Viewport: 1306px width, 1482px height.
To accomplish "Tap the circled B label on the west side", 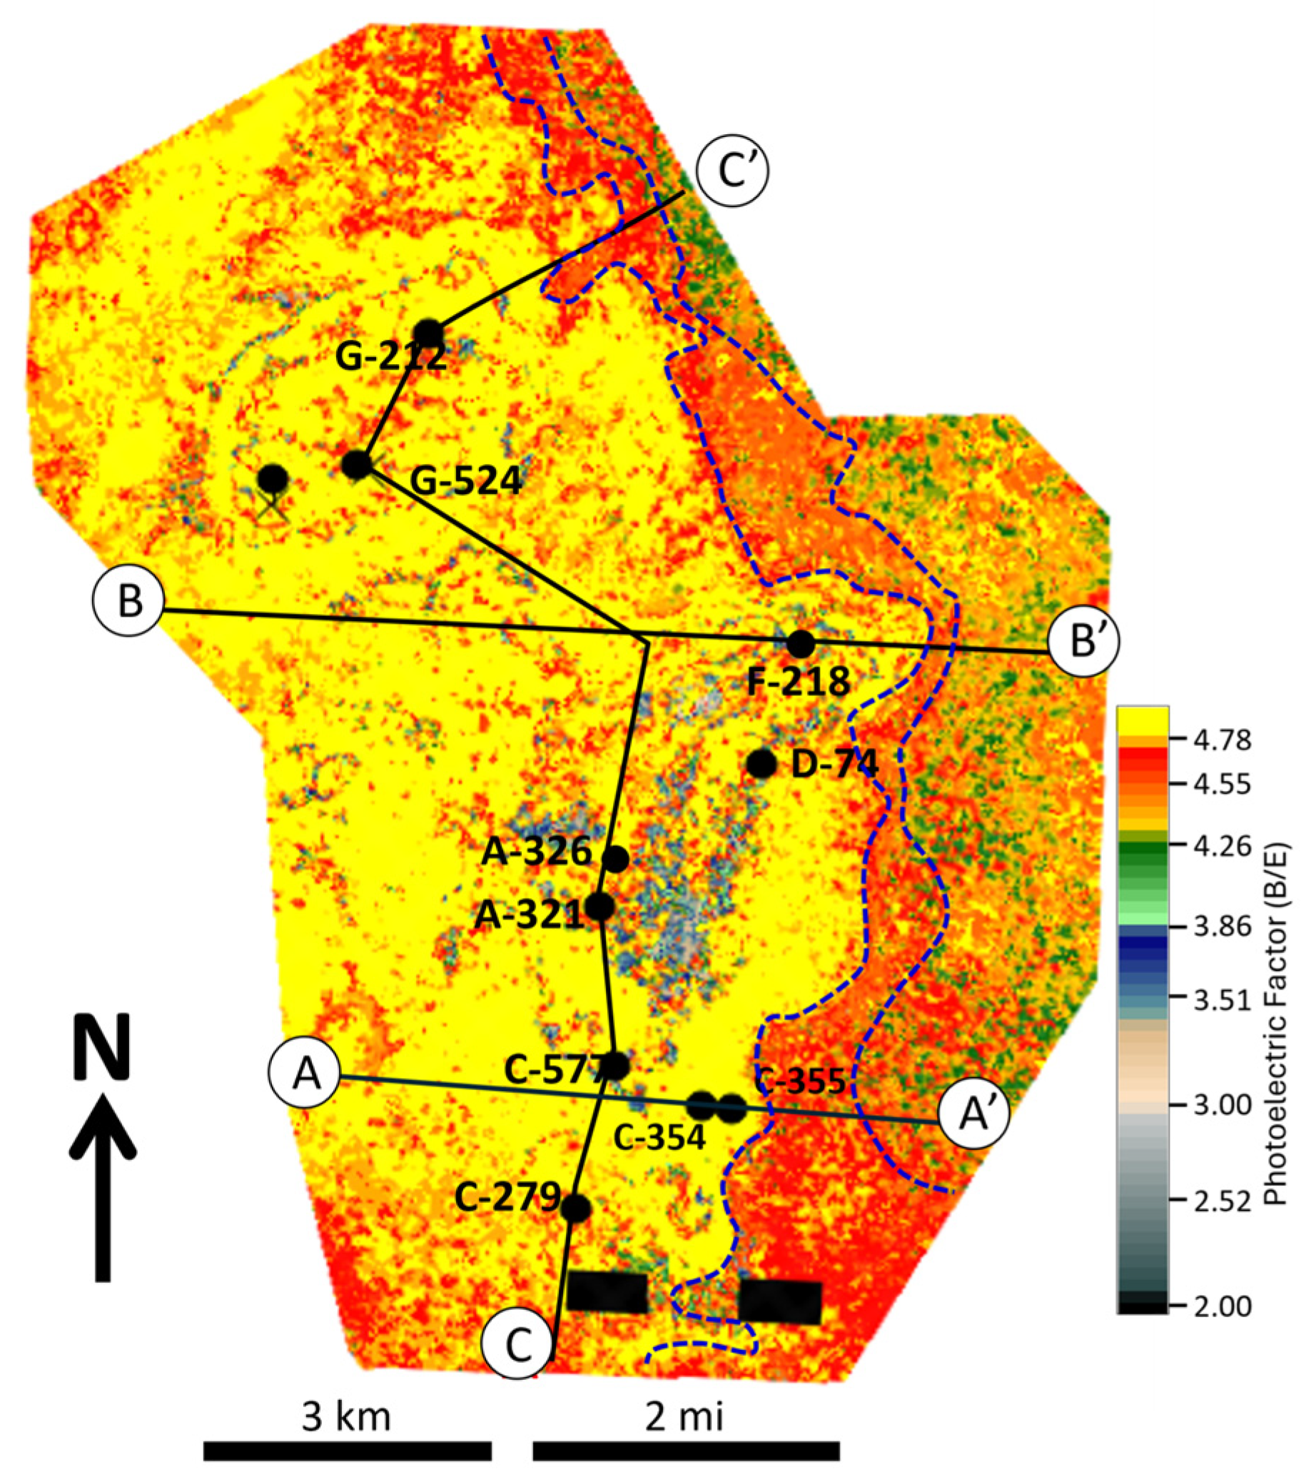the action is [130, 601].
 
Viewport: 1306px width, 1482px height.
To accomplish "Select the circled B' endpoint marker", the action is [1083, 642].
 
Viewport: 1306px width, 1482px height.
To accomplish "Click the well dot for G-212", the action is [427, 333].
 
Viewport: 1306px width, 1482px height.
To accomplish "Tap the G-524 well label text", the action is [465, 480].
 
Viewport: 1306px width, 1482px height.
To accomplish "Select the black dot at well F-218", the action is [800, 643].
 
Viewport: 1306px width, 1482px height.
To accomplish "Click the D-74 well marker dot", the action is [761, 763].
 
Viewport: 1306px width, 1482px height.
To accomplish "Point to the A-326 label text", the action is [536, 852].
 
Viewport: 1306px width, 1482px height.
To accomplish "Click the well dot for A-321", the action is [600, 907].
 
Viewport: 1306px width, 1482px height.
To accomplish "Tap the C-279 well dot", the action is [575, 1208].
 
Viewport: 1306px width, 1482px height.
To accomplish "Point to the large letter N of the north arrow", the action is [102, 1046].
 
